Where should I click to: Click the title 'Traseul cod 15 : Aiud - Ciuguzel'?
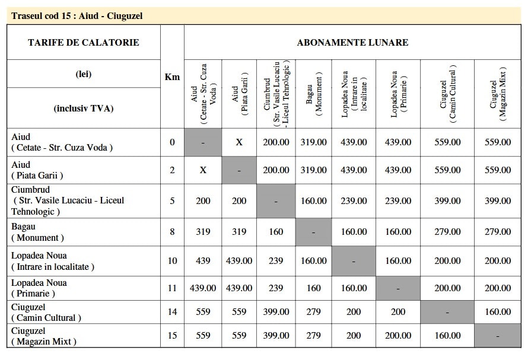[77, 16]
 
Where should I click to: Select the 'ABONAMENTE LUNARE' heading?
[352, 43]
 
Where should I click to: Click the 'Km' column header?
[172, 77]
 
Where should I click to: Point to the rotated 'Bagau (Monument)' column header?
[314, 94]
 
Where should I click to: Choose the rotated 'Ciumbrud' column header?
[276, 94]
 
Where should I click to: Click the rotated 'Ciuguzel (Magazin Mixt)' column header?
[497, 94]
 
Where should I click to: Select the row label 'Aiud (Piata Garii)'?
[37, 170]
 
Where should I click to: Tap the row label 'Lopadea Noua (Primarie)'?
[39, 288]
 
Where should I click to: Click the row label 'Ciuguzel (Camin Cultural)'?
[46, 312]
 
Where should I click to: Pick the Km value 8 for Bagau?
[172, 231]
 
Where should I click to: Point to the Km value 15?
[172, 336]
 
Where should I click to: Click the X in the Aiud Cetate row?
[239, 142]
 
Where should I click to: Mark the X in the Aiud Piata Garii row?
[203, 170]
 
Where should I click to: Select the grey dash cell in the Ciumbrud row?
[276, 201]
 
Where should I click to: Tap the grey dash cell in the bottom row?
[497, 336]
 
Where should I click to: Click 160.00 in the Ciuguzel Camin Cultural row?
[497, 312]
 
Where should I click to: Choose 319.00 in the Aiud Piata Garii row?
[314, 170]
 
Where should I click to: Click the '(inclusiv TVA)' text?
[84, 108]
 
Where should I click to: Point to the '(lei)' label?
[84, 74]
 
